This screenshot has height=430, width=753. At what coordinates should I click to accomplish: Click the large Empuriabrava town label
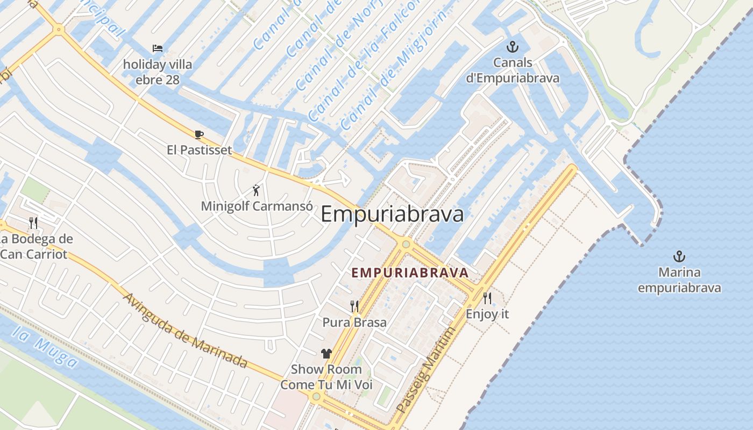(392, 214)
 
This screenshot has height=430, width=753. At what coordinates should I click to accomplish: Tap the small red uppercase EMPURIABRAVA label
(410, 273)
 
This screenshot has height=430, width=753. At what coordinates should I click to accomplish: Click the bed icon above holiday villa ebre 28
(157, 48)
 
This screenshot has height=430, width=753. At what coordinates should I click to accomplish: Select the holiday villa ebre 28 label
(157, 72)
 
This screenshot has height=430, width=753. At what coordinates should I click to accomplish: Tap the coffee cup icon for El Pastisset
(199, 134)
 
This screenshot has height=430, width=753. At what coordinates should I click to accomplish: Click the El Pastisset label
(199, 149)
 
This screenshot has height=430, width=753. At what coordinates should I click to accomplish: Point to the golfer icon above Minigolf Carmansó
(257, 190)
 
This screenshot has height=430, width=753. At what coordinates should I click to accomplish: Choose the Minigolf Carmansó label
(257, 206)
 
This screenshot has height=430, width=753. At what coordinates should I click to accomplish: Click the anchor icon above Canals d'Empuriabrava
(512, 47)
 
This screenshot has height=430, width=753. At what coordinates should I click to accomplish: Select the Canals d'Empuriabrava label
(512, 70)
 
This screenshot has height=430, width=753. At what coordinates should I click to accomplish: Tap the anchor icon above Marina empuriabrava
(679, 256)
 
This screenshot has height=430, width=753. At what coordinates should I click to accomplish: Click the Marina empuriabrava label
(679, 280)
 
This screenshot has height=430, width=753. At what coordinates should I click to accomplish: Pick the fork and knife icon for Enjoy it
(487, 298)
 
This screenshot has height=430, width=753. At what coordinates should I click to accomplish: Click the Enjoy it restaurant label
(487, 314)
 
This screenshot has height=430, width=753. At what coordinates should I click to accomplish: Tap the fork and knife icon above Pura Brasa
(354, 306)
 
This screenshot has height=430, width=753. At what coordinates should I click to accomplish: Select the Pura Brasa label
(354, 322)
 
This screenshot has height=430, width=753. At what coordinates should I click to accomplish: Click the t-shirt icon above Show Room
(326, 353)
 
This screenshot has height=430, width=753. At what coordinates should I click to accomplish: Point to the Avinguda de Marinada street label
(186, 330)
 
